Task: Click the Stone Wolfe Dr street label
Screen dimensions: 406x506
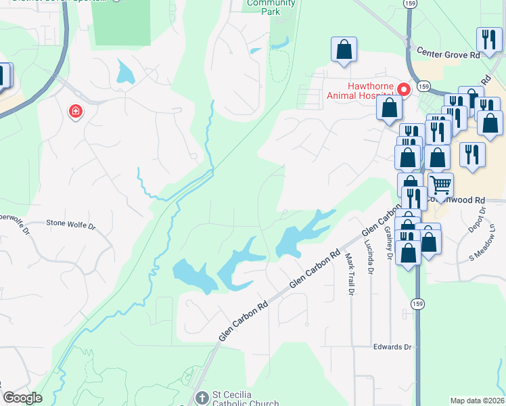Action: coord(70,222)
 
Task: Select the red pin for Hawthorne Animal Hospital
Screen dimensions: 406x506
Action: coord(405,89)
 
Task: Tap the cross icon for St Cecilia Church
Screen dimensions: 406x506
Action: coord(201,397)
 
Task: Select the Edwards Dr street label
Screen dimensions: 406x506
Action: coord(392,346)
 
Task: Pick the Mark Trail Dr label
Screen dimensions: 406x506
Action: coord(350,274)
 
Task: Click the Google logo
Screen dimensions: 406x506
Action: coord(22,398)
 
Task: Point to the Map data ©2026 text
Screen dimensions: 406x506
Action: coord(478,401)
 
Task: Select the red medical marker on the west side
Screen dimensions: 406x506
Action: coord(75,111)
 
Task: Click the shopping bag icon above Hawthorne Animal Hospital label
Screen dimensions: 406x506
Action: coord(344,49)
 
